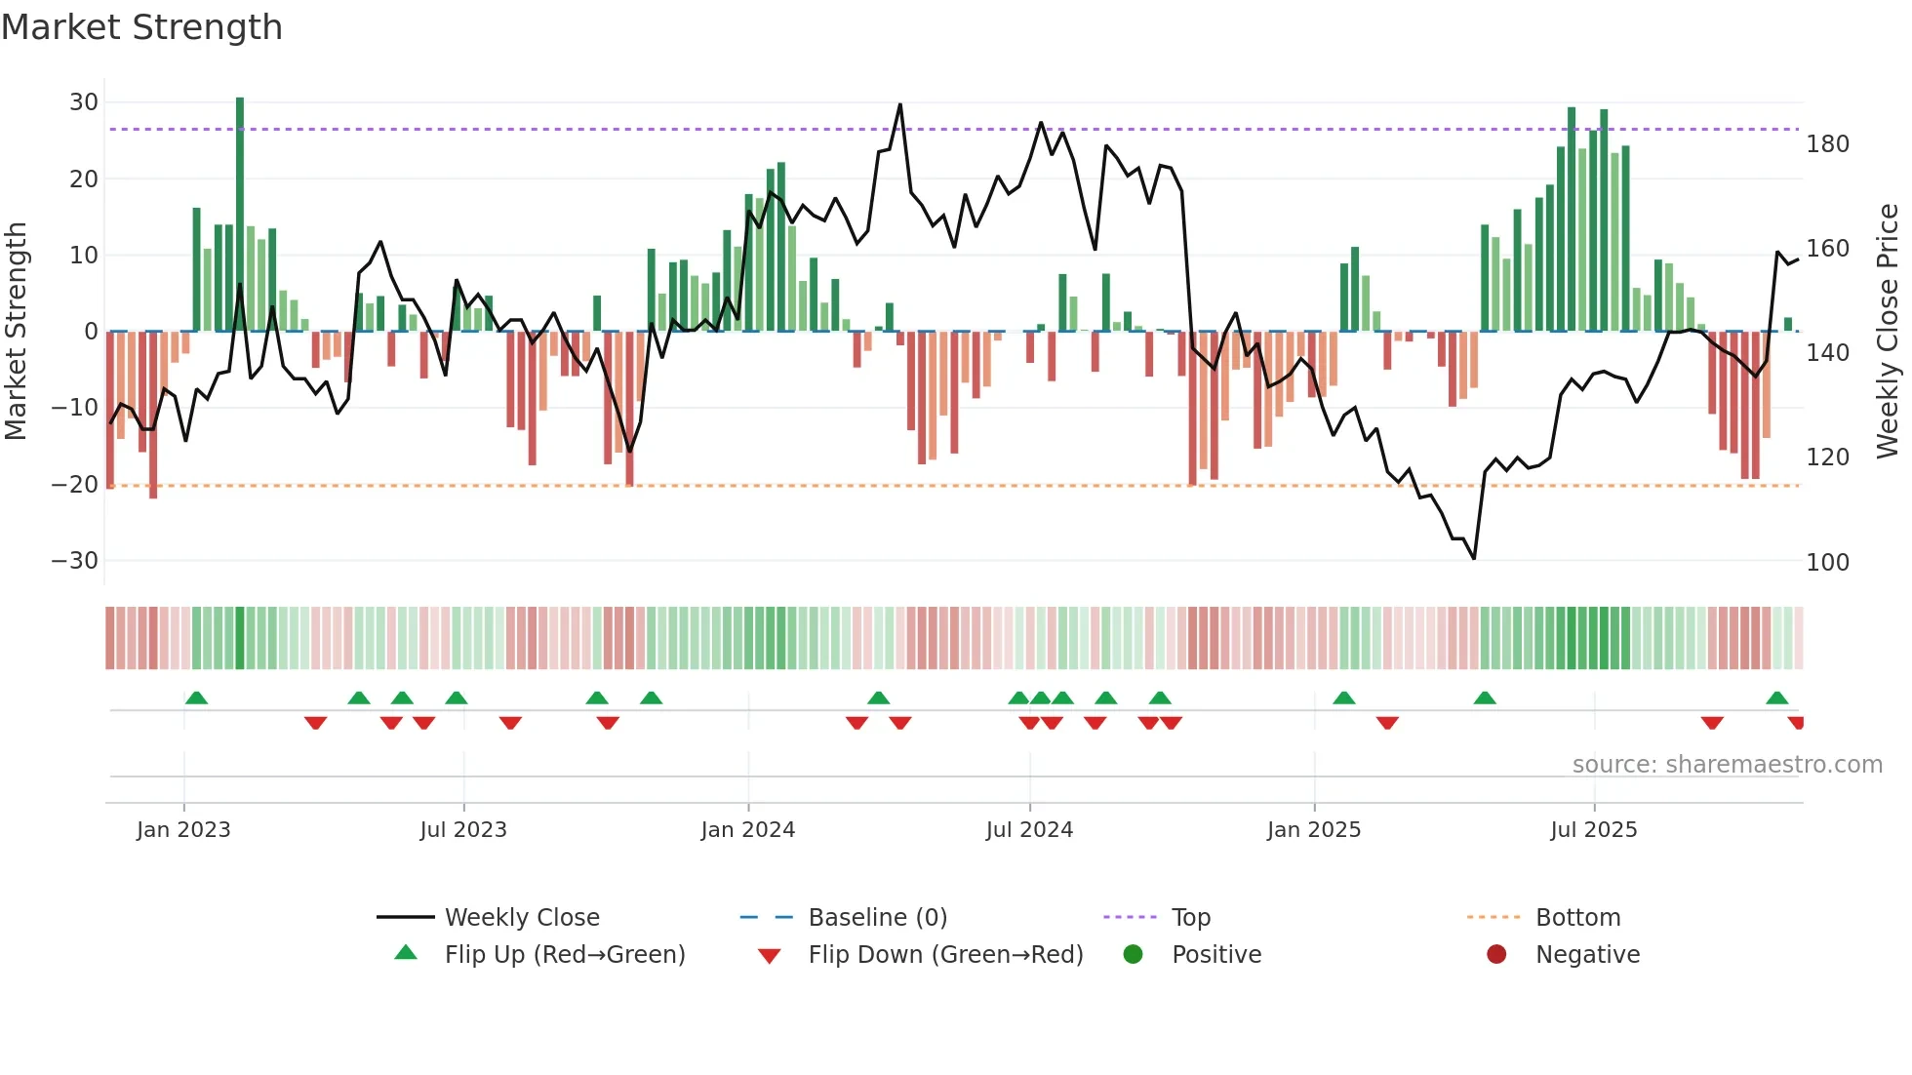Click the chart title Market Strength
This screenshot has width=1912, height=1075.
(141, 27)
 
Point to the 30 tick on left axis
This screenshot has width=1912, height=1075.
(84, 102)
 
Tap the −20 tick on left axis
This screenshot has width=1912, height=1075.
(75, 485)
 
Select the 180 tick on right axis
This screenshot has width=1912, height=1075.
(1827, 144)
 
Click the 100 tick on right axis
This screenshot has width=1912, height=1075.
(1827, 563)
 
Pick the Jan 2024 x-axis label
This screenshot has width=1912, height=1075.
(747, 830)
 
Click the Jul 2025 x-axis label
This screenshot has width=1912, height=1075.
(1593, 830)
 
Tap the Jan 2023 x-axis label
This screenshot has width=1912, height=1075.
(183, 830)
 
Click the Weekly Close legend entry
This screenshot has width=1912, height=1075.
(522, 918)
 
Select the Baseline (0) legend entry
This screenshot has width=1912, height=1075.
(877, 918)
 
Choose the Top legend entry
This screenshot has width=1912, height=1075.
(1190, 918)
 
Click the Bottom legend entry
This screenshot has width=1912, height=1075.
(1577, 918)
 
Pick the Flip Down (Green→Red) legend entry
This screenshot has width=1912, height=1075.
(944, 955)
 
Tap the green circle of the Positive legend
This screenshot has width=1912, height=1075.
(1133, 955)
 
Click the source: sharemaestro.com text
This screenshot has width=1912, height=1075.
(1727, 765)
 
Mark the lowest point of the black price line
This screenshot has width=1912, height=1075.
(1473, 558)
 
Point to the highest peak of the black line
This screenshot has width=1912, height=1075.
(899, 104)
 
